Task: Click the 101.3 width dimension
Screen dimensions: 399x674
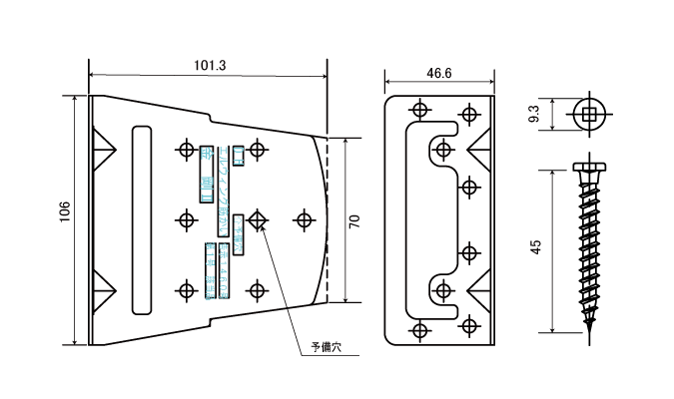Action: [209, 65]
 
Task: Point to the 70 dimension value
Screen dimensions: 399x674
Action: [355, 220]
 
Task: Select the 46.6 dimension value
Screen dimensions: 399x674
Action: [439, 73]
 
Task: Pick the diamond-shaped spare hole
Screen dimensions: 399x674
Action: [258, 219]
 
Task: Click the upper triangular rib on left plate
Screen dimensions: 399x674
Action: [102, 150]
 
